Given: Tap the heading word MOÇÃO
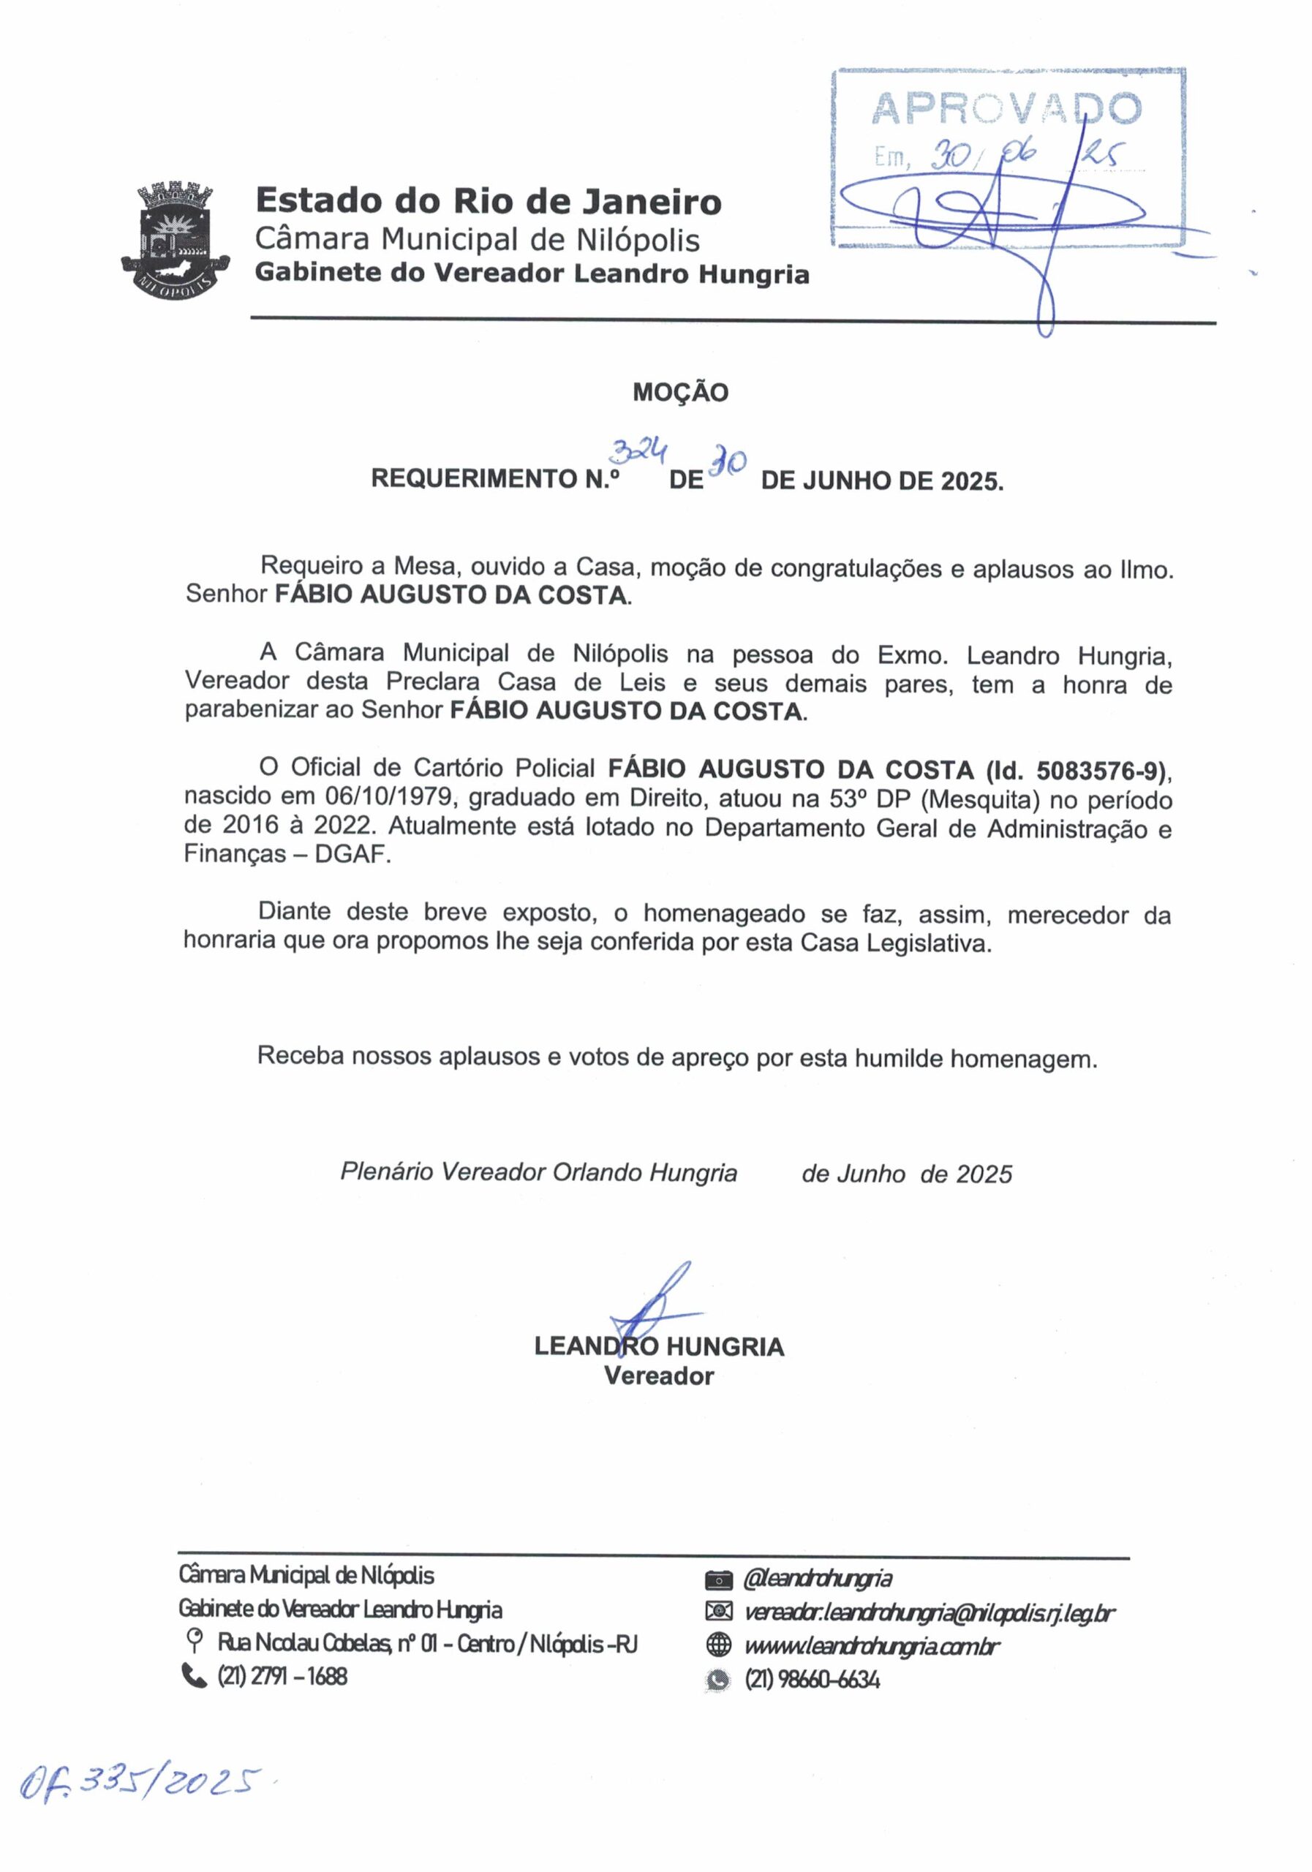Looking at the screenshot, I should (680, 393).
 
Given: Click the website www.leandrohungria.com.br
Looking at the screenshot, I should (871, 1646).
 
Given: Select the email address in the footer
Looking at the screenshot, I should (929, 1612).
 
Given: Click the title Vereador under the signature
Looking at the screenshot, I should (659, 1377).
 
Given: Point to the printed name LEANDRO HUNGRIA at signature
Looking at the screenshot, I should (659, 1347).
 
